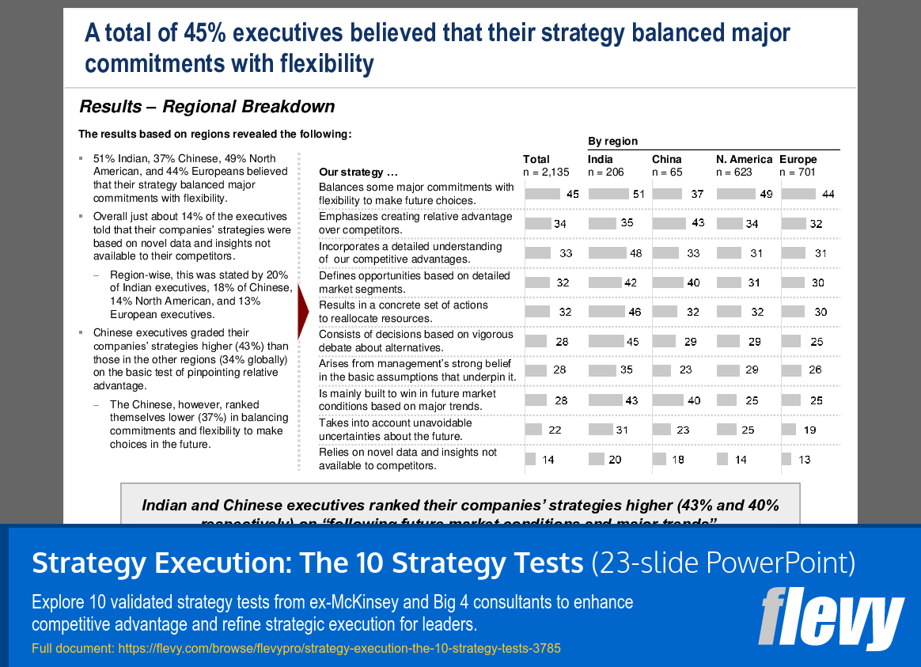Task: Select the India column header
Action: (x=601, y=159)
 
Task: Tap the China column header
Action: (x=666, y=159)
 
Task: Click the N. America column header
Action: (x=744, y=159)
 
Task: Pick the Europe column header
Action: (x=798, y=159)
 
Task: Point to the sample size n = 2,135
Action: (x=546, y=172)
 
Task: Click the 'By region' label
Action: (x=612, y=141)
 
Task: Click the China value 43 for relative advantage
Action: (x=698, y=223)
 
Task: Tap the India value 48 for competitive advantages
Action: (x=635, y=253)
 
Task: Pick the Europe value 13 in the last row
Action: (x=805, y=460)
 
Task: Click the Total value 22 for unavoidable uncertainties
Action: (x=555, y=430)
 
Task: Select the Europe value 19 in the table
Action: (x=809, y=430)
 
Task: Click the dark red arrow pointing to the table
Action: (x=302, y=311)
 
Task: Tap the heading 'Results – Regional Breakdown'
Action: (x=207, y=107)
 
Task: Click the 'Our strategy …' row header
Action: (x=358, y=172)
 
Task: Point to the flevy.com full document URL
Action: (x=296, y=648)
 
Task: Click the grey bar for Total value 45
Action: (x=541, y=194)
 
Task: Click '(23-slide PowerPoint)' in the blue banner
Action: (x=723, y=563)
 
